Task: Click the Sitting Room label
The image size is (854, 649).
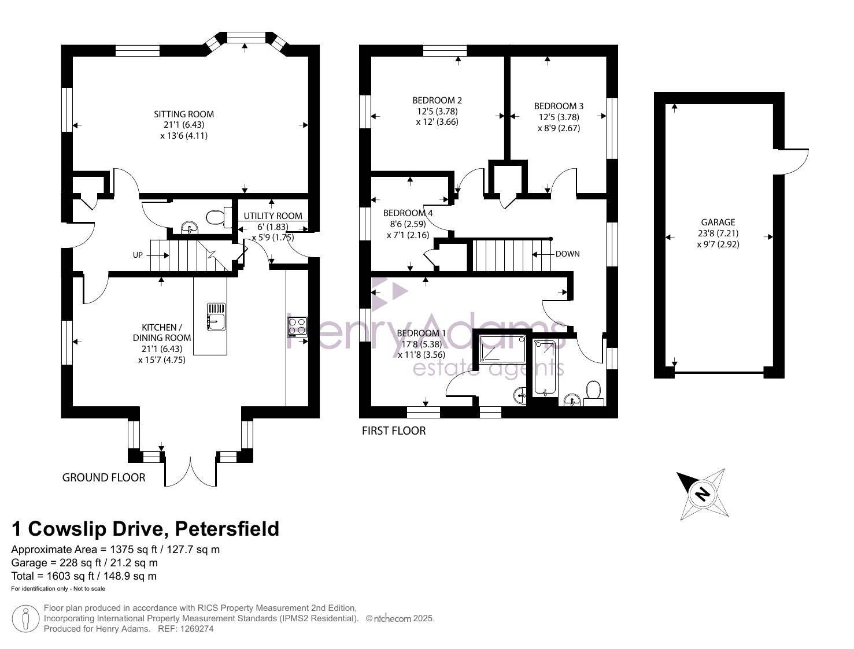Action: tap(184, 114)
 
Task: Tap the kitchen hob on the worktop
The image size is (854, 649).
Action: tap(297, 327)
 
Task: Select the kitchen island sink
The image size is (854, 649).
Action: tap(216, 317)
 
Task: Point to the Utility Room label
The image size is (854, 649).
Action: tap(273, 216)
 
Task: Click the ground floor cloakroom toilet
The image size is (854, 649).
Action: tap(219, 217)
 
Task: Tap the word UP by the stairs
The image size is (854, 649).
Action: tap(138, 255)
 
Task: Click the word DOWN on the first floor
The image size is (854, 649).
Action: tap(568, 254)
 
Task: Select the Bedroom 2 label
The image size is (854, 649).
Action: tap(437, 101)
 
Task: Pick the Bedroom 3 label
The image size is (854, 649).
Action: tap(559, 106)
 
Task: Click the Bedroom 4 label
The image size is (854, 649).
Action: tap(408, 213)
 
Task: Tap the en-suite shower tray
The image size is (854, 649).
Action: tap(502, 348)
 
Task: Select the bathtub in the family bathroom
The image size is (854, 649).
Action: tap(545, 368)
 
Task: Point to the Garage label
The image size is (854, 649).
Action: tap(718, 222)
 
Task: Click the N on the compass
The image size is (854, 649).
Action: tap(703, 495)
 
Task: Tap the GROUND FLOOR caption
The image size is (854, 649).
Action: tap(104, 477)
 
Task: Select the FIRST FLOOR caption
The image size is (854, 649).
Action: tap(394, 431)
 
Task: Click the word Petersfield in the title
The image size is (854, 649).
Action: tap(227, 529)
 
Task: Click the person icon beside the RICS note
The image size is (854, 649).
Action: tap(25, 618)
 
